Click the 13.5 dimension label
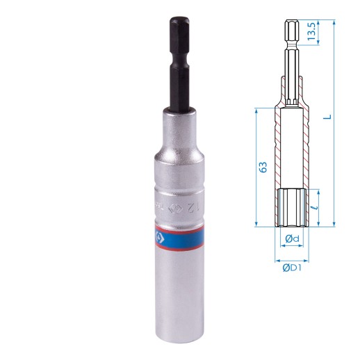coord(313,31)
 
